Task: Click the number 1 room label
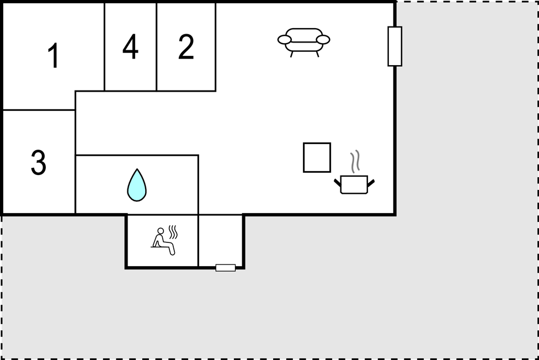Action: coord(54,55)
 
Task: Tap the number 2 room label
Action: coord(186,46)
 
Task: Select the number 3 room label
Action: coord(38,162)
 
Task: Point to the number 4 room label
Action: coord(130,46)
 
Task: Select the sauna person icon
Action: coord(164,241)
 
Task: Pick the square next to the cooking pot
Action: coord(317,157)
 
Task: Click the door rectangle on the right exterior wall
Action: coord(395,46)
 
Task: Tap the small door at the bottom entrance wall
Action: coord(226,268)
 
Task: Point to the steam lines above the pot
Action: coord(355,161)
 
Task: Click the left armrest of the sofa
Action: coord(285,40)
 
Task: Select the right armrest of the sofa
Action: coord(323,40)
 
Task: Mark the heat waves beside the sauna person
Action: coord(173,232)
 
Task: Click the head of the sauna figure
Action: coord(161,231)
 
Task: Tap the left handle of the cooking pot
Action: coord(338,183)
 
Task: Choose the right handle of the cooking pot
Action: coord(371,183)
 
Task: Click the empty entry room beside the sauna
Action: coord(220,240)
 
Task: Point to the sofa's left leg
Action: coord(291,54)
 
